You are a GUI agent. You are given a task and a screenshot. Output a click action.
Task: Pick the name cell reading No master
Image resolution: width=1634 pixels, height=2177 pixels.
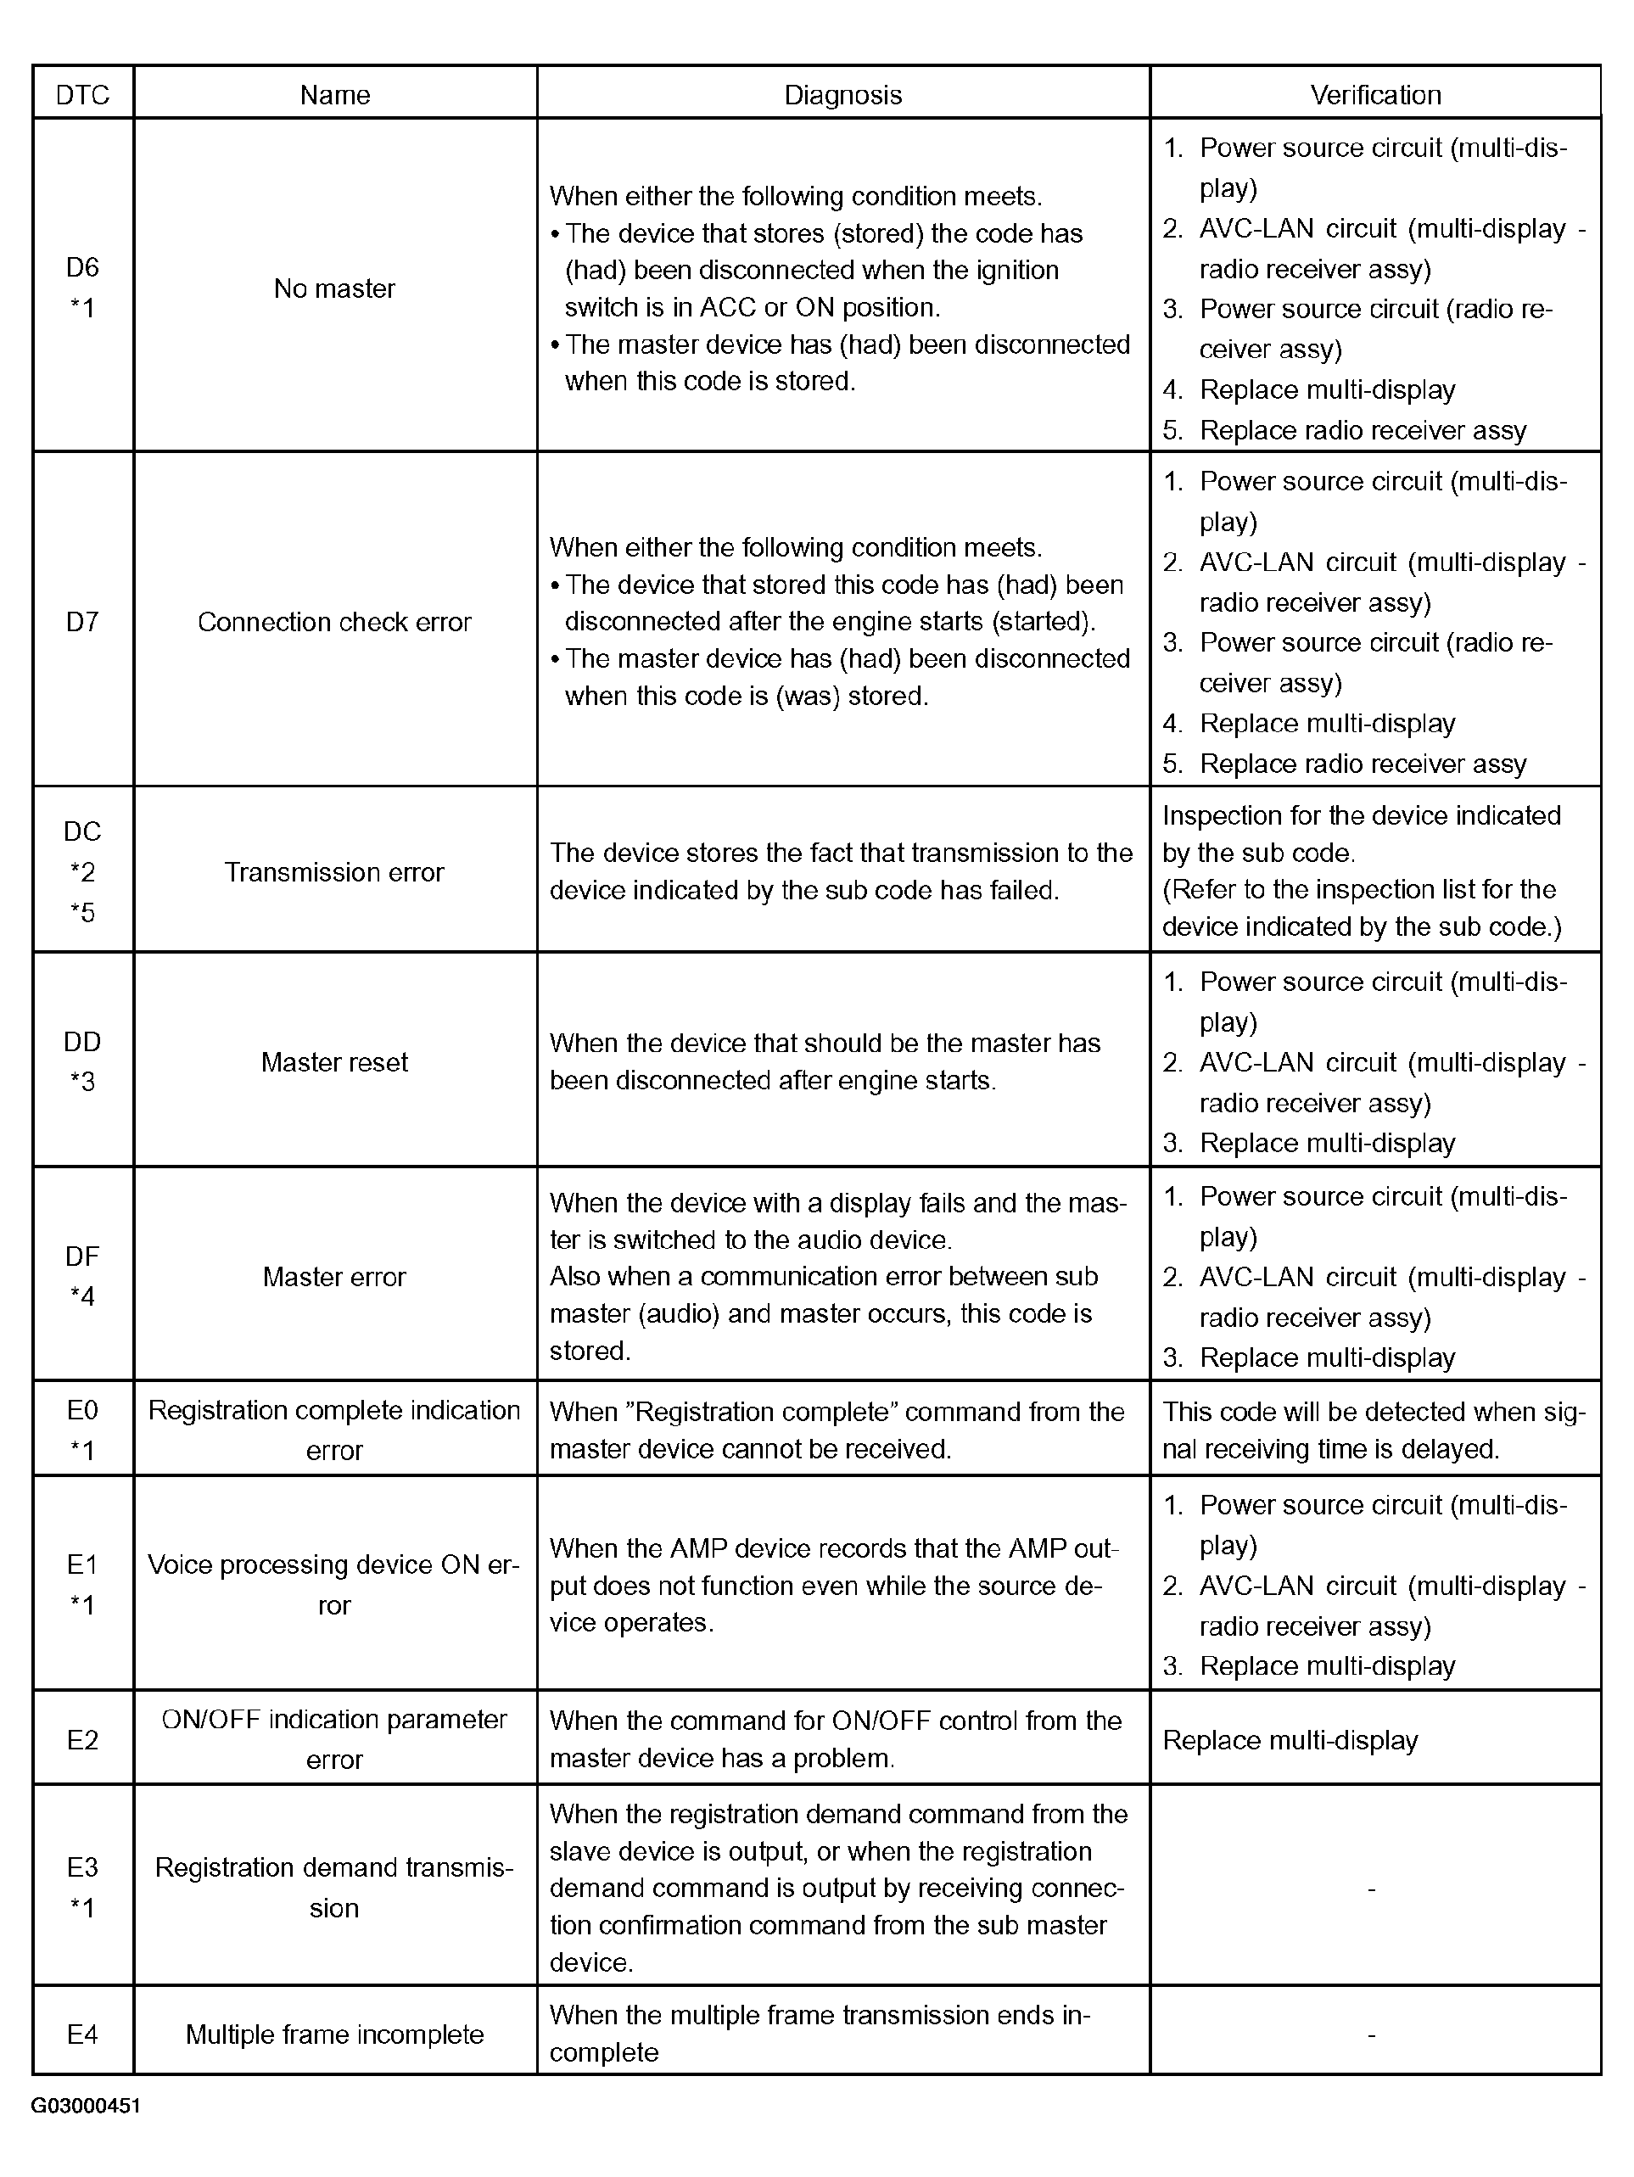click(334, 288)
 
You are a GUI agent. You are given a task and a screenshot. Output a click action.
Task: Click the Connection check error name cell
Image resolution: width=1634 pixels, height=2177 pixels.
click(334, 622)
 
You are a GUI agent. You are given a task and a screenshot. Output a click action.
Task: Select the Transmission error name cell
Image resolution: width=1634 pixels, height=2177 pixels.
click(334, 872)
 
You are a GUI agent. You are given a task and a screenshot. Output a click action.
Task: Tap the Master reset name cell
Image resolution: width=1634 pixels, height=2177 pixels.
click(334, 1062)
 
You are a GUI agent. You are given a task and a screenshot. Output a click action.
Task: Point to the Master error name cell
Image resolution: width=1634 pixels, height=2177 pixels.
click(334, 1277)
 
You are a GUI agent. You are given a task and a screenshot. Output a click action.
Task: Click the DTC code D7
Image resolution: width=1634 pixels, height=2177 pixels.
click(82, 622)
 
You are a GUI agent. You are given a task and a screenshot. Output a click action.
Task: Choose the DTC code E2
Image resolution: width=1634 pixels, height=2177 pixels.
click(82, 1740)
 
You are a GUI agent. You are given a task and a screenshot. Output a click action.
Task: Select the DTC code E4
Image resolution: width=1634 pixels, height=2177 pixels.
click(82, 2034)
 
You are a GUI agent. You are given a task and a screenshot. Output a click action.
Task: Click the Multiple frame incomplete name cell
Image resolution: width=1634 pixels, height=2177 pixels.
click(334, 2034)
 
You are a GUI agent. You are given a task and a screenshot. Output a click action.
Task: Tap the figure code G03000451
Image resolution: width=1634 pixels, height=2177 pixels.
click(86, 2106)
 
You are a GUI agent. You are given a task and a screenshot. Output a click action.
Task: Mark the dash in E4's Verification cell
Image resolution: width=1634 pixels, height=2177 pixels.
click(1371, 2034)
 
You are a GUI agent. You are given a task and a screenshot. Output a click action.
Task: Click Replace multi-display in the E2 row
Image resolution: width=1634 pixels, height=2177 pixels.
click(1290, 1740)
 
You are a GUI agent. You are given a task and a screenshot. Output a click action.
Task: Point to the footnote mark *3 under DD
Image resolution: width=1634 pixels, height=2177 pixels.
click(82, 1083)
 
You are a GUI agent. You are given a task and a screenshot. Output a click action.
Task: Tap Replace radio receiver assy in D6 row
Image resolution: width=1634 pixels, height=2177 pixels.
click(1363, 430)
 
